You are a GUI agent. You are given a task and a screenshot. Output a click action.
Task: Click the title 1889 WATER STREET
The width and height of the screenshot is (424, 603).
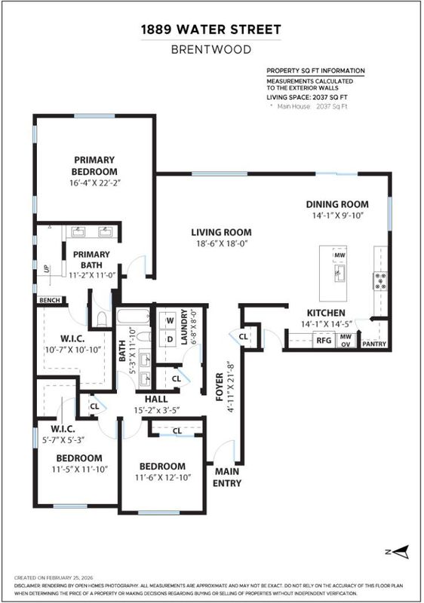pos(210,29)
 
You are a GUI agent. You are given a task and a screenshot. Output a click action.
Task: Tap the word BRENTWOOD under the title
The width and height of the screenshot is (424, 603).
pos(210,50)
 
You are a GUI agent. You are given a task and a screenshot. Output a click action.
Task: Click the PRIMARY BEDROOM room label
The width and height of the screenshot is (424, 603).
pos(94,166)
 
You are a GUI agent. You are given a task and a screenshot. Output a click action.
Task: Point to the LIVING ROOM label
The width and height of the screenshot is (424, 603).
pos(221,232)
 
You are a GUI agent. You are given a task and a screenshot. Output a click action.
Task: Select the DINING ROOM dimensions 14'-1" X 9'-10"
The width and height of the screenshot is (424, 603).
pos(337,216)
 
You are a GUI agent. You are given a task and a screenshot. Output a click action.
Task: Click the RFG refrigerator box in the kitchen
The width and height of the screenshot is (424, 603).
pos(324,341)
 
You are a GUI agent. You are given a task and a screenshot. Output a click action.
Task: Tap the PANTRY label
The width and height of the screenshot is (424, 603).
pos(374,344)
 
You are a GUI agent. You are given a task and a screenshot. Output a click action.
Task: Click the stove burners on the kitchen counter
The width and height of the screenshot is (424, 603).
pos(380,280)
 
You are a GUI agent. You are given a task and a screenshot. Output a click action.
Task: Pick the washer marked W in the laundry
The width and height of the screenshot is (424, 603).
pos(170,320)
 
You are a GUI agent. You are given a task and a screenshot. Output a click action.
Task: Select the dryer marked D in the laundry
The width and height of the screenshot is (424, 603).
pos(170,338)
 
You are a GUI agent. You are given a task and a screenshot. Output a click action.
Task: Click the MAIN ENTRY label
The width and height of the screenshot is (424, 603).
pos(226,477)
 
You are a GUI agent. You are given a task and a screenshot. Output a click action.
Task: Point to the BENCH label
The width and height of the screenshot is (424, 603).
pos(50,300)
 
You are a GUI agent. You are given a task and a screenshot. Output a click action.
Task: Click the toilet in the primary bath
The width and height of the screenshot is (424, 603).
pos(102,319)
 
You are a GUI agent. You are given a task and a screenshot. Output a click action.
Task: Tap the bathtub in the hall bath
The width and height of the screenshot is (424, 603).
pos(133,317)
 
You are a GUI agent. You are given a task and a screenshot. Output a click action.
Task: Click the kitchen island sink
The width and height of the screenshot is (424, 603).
pos(339,273)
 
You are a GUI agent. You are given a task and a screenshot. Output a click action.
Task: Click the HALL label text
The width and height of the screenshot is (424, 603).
pos(156,399)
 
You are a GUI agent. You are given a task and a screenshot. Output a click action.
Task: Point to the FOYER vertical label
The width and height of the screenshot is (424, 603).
pos(220,387)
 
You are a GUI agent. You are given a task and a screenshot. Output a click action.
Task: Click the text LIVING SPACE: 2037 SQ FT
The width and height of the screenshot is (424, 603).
pos(307,97)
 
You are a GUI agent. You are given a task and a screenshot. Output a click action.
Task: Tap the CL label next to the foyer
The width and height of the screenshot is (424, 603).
pos(243,336)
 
